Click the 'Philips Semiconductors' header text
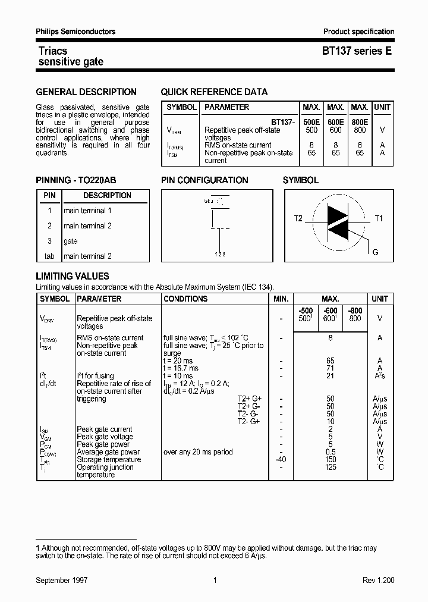75,32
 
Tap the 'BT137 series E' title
357,51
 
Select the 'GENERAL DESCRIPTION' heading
86,92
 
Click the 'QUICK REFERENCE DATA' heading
214,92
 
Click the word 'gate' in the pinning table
71,241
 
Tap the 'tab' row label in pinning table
49,256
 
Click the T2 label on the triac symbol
298,219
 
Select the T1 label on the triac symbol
379,219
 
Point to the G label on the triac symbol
375,252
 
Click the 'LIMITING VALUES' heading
73,277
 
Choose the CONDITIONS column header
185,299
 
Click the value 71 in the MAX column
331,368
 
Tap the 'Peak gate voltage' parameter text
105,437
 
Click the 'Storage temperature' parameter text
109,459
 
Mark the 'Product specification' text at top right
358,32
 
